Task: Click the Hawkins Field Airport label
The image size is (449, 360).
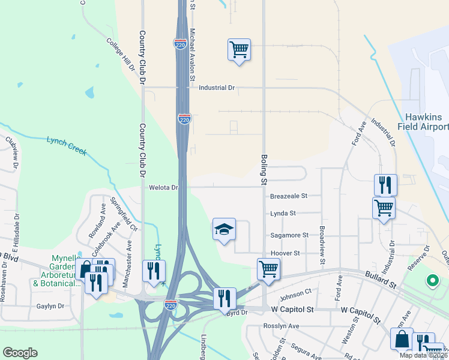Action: tap(424, 122)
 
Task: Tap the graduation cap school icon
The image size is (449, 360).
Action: tap(224, 230)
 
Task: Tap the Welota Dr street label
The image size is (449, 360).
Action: tap(164, 188)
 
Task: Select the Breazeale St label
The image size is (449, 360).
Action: tap(288, 196)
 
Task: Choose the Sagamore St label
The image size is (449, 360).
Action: tap(289, 235)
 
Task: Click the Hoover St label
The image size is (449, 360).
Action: tap(285, 253)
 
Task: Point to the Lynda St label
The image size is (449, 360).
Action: tap(283, 213)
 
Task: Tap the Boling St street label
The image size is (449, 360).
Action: tap(263, 169)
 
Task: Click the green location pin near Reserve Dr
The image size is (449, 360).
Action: tap(431, 280)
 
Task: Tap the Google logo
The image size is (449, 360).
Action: tap(20, 353)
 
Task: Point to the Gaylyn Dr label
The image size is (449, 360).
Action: tap(50, 306)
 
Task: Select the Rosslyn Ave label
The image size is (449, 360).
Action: tap(281, 326)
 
